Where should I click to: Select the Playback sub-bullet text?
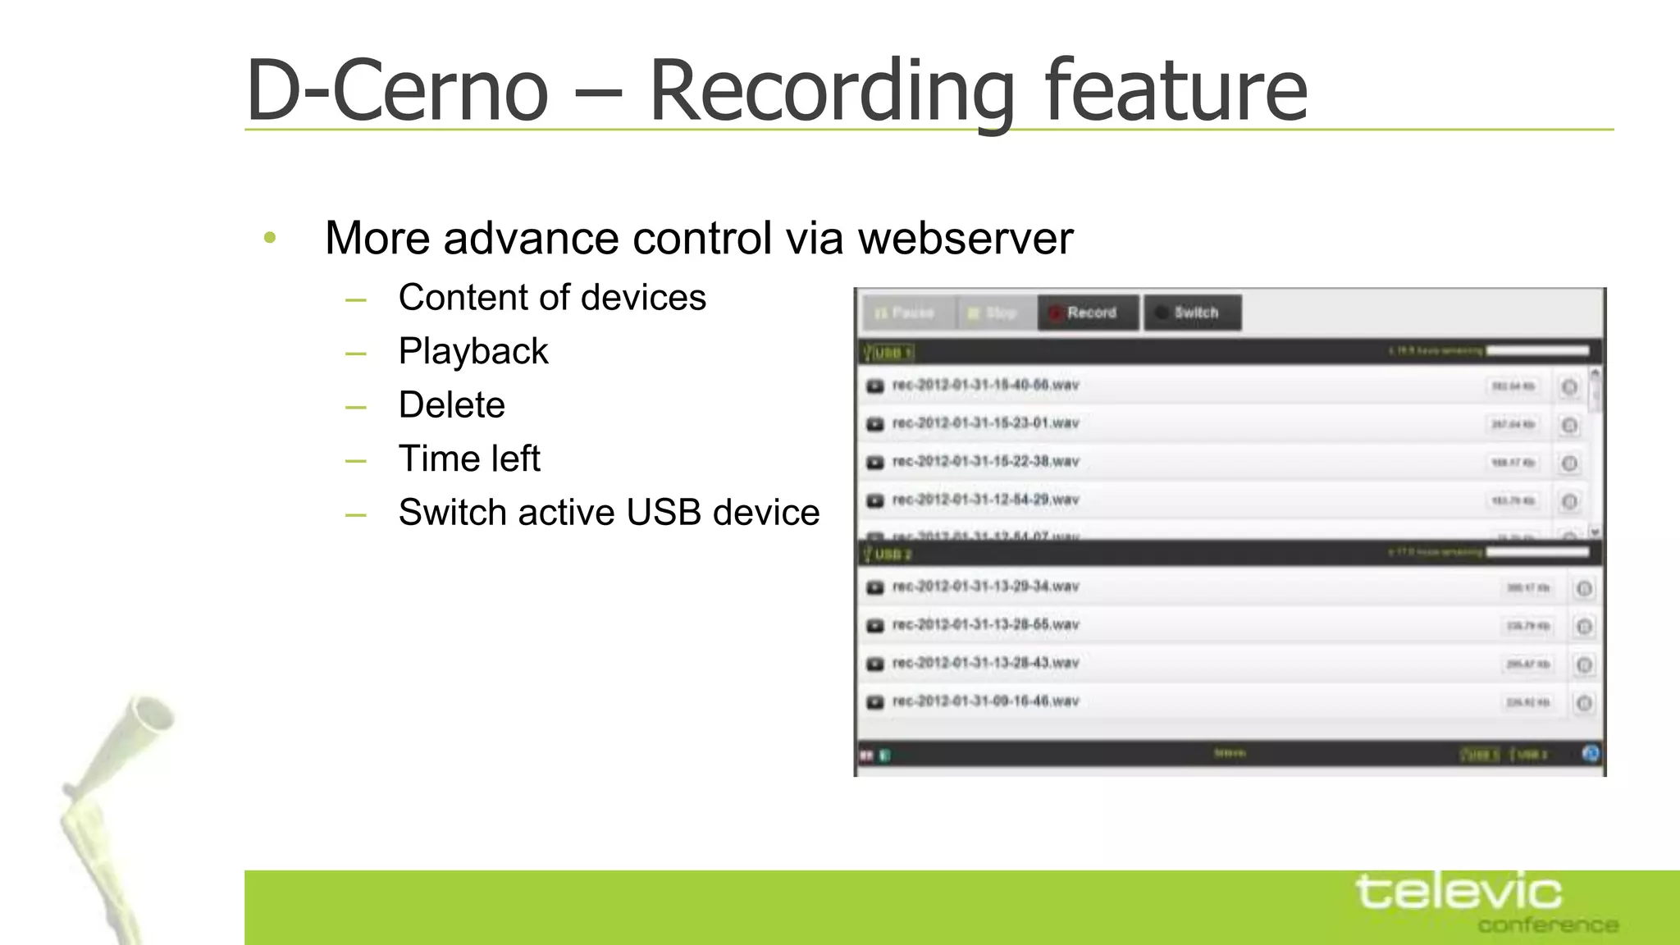coord(473,352)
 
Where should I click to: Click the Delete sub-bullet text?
coord(451,405)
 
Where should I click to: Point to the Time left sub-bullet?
coord(469,459)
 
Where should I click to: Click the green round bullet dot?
coord(270,238)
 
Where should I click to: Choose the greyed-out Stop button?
coord(995,313)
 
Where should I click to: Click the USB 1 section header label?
coord(889,353)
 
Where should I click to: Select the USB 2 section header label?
coord(889,555)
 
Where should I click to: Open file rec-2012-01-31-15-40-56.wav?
coord(985,386)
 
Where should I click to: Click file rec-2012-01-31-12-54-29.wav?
coord(985,500)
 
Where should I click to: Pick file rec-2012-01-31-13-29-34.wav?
coord(985,587)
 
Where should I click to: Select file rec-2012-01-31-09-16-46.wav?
coord(985,701)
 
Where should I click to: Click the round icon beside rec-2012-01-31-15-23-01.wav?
coord(1568,425)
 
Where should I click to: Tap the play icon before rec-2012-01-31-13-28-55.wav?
coord(875,626)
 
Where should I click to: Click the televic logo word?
coord(1459,892)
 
